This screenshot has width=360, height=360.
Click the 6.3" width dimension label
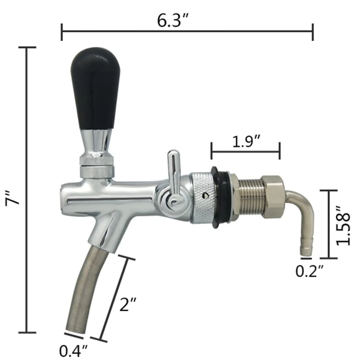pos(173,20)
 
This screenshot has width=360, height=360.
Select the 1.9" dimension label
pos(246,141)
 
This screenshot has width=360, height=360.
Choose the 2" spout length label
pos(128,305)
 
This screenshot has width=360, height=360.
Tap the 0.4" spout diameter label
pos(73,351)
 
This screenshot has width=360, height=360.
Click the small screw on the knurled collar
pos(206,196)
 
